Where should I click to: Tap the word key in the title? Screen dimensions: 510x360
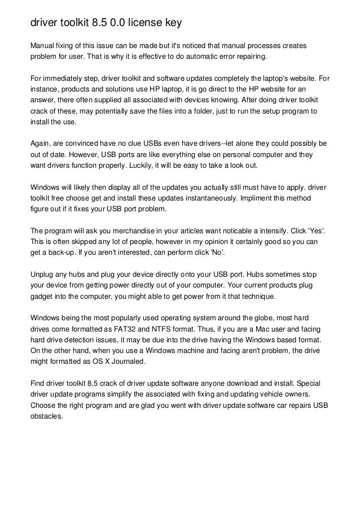175,24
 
